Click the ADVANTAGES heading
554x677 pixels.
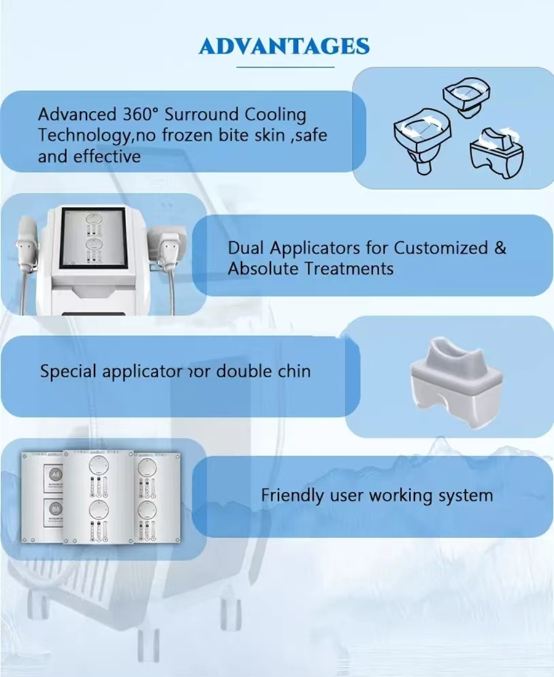(x=284, y=46)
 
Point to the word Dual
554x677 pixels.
(x=246, y=248)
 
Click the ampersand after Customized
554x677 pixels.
(x=500, y=248)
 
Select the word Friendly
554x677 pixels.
(x=287, y=495)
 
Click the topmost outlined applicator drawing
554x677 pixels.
(x=468, y=94)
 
